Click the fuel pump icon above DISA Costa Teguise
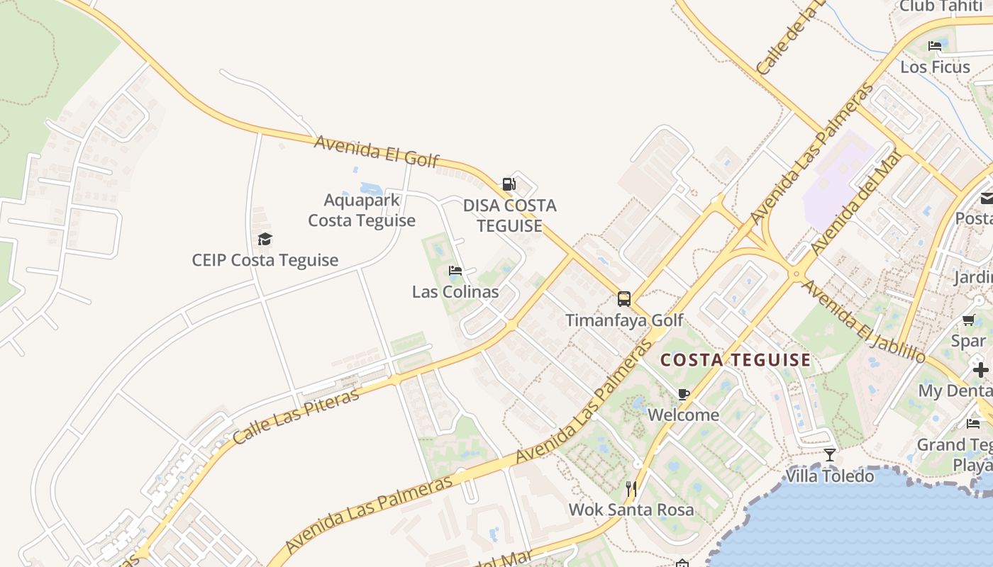click(509, 184)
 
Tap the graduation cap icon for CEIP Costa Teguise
click(265, 239)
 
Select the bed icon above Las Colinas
click(455, 271)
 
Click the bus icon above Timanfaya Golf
click(624, 299)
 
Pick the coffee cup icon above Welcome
click(684, 394)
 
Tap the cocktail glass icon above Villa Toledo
click(830, 454)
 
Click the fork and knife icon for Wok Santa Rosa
click(631, 488)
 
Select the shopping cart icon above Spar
click(969, 320)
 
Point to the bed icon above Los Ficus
click(935, 46)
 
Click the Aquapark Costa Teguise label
click(362, 210)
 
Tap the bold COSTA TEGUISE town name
click(736, 360)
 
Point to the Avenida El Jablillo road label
click(863, 321)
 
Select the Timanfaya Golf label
click(624, 320)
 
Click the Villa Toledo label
click(830, 476)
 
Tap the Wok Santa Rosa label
click(631, 510)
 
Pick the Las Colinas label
click(455, 291)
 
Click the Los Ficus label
click(935, 67)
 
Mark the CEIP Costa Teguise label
click(265, 260)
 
